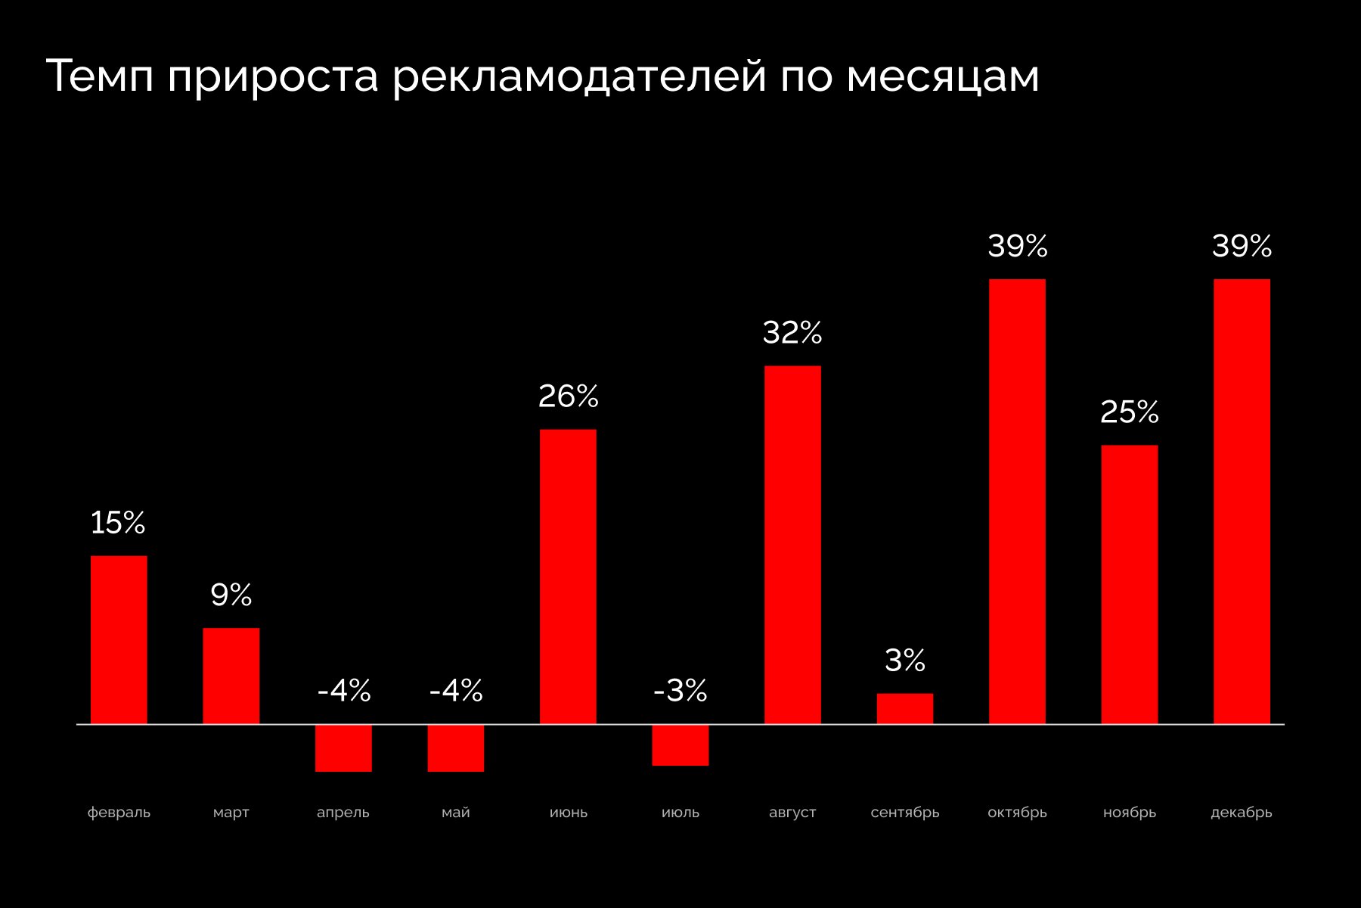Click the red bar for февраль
click(x=119, y=639)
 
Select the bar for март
click(x=231, y=676)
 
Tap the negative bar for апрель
click(x=343, y=748)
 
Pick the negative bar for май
click(x=455, y=748)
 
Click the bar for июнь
click(x=568, y=577)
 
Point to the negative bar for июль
click(x=680, y=745)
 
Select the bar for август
click(x=792, y=545)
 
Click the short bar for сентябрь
click(x=905, y=709)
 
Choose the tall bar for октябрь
click(x=1017, y=501)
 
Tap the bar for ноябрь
click(x=1129, y=584)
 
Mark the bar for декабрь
click(x=1242, y=501)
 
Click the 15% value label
click(x=118, y=523)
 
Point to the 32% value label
click(x=792, y=333)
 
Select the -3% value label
click(x=680, y=690)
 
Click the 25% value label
click(x=1129, y=412)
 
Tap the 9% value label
click(x=231, y=595)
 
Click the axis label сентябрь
click(x=905, y=813)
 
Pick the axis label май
click(x=455, y=813)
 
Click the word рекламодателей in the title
click(x=580, y=76)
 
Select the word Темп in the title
click(x=100, y=76)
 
